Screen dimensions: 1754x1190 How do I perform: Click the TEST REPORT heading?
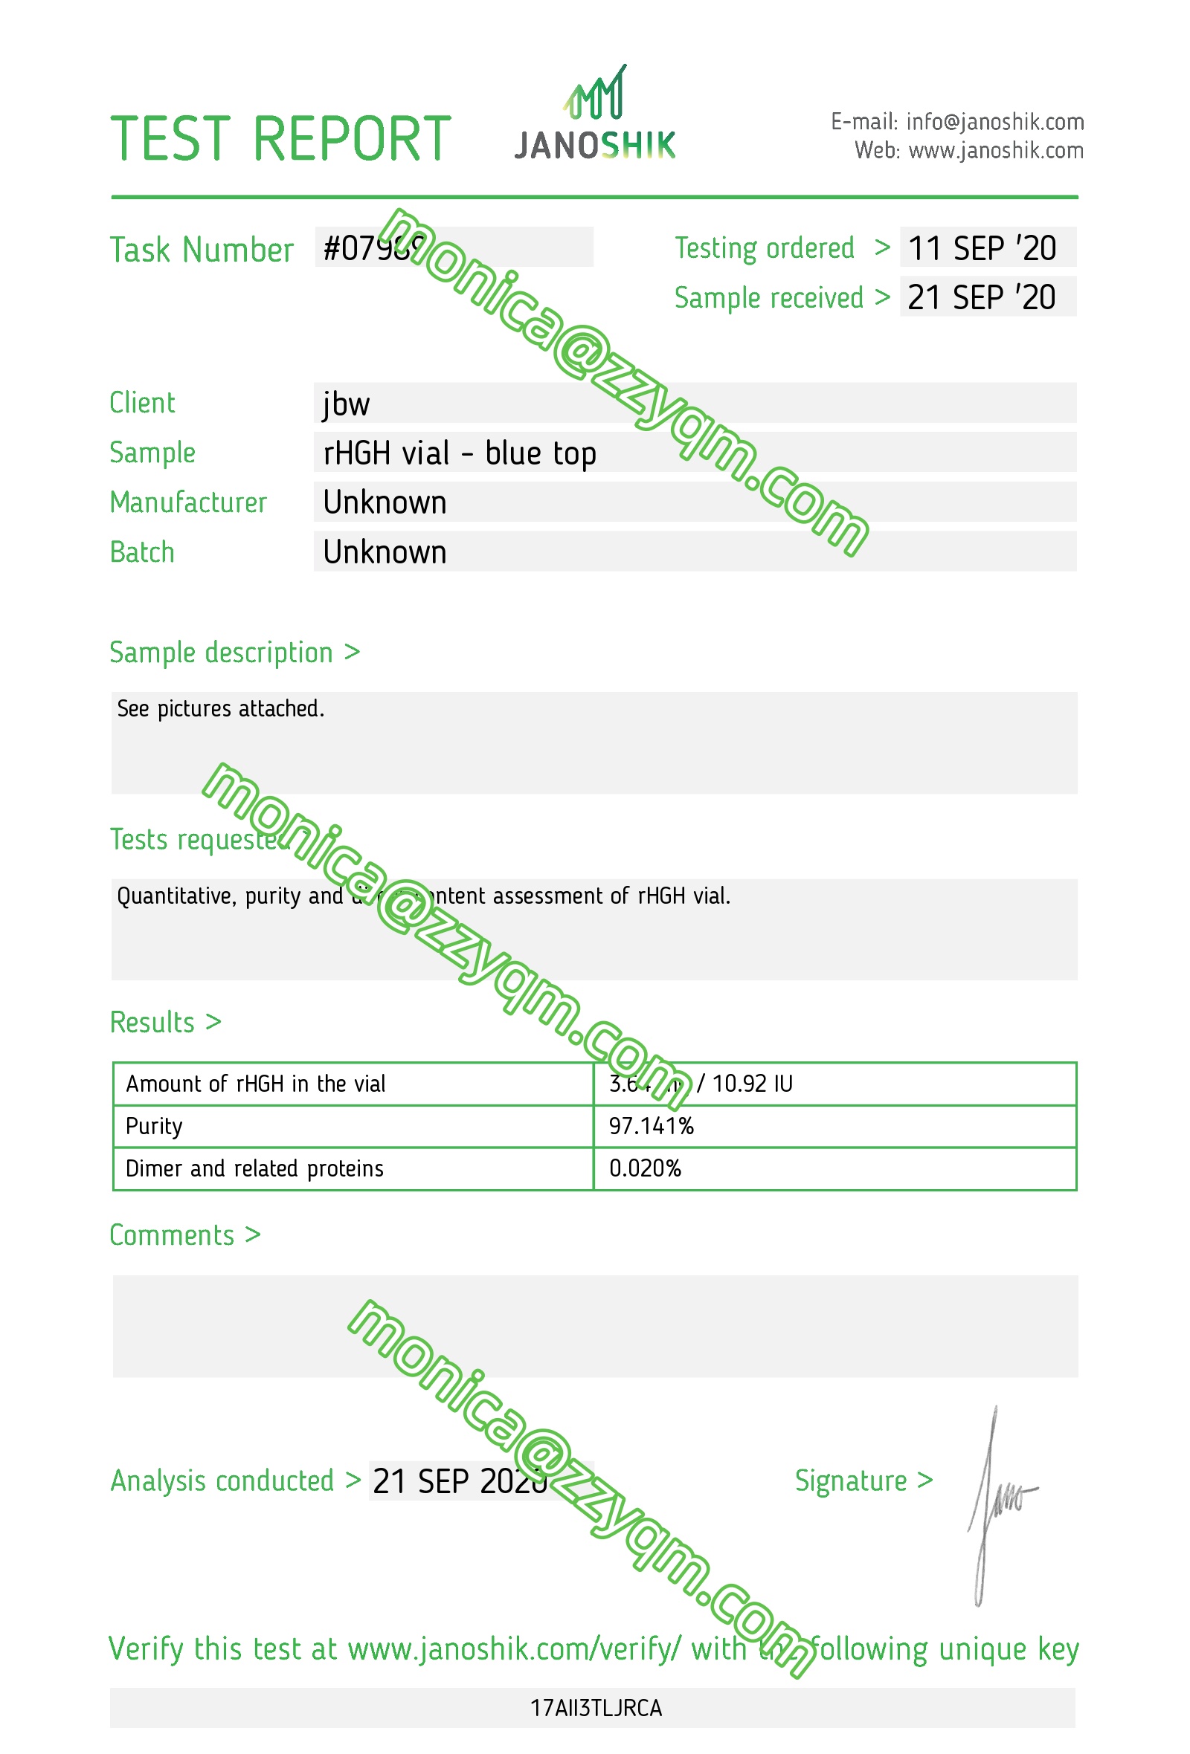pos(280,140)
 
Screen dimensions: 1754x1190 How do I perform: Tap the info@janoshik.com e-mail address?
pos(994,121)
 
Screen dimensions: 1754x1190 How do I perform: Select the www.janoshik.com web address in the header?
pos(995,151)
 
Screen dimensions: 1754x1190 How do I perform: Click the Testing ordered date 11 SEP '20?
pos(981,248)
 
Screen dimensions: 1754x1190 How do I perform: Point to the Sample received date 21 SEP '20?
pos(981,297)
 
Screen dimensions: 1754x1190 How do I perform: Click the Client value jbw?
pos(346,404)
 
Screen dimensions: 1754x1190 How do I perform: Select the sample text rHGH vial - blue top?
pos(459,453)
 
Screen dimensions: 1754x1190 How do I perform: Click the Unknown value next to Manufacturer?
pos(385,502)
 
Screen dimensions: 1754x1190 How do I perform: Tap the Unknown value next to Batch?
pos(385,552)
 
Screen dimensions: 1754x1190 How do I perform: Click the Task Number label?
pos(201,250)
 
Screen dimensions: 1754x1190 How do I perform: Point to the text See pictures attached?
pos(220,709)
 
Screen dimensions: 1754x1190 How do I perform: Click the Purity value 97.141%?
pos(651,1126)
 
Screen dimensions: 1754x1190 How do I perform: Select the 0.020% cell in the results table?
pos(645,1168)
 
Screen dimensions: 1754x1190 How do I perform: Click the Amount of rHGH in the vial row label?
pos(255,1084)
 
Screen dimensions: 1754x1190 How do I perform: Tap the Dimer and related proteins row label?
pos(254,1168)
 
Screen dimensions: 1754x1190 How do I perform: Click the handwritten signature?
pos(997,1502)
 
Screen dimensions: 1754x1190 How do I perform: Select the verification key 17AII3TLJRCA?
pos(596,1708)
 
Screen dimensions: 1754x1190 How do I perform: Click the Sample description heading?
pos(234,653)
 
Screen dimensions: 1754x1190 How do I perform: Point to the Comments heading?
pos(185,1235)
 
